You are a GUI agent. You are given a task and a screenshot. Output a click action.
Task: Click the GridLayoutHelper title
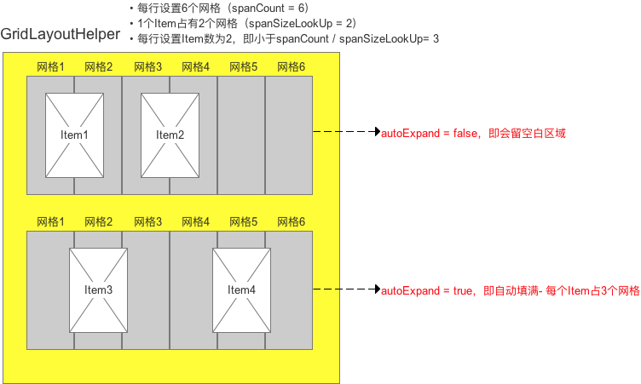pyautogui.click(x=61, y=35)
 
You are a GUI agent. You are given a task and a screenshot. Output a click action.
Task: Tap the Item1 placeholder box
pyautogui.click(x=74, y=135)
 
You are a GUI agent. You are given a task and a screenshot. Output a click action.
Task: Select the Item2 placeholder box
pyautogui.click(x=170, y=135)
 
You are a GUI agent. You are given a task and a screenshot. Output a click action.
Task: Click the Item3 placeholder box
pyautogui.click(x=98, y=289)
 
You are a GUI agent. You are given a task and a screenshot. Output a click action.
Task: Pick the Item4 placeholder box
pyautogui.click(x=241, y=289)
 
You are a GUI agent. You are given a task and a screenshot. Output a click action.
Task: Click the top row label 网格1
pyautogui.click(x=50, y=66)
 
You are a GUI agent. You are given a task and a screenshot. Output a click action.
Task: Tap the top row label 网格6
pyautogui.click(x=289, y=66)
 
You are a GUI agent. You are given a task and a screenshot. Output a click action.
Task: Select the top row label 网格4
pyautogui.click(x=193, y=66)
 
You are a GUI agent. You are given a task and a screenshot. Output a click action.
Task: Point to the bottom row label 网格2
pyautogui.click(x=98, y=221)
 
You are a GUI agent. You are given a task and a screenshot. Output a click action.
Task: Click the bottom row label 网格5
pyautogui.click(x=241, y=221)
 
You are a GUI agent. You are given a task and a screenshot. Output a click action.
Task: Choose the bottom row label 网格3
pyautogui.click(x=146, y=221)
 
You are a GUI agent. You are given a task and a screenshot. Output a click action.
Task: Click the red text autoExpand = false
pyautogui.click(x=473, y=133)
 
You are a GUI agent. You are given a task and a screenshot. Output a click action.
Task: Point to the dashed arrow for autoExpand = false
pyautogui.click(x=346, y=133)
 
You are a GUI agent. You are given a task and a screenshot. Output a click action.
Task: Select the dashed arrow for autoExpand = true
pyautogui.click(x=346, y=290)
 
